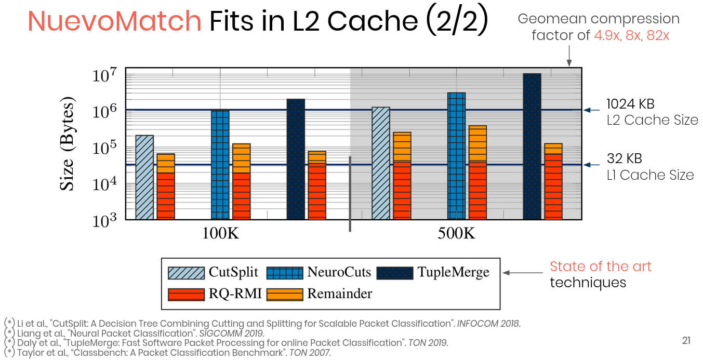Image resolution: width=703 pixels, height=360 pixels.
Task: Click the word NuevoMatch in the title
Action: tap(114, 21)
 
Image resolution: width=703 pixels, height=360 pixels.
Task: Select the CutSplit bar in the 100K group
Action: tap(144, 177)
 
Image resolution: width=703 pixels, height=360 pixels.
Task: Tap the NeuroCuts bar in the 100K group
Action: tap(220, 164)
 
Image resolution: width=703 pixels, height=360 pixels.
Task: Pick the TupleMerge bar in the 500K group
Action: tap(532, 146)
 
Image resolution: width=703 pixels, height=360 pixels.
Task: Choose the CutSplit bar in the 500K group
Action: tap(381, 163)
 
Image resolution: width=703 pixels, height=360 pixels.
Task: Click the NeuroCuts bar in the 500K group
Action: tap(456, 156)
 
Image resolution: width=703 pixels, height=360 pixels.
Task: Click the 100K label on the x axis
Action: tap(220, 233)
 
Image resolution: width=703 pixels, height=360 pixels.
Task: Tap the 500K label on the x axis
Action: tap(456, 233)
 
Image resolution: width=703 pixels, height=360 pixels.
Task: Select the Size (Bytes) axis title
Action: tap(68, 144)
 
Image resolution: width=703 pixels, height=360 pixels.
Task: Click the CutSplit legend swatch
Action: tap(186, 273)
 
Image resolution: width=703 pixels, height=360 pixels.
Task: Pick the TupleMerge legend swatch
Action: tap(394, 273)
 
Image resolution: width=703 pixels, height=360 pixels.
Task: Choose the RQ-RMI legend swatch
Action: tap(186, 294)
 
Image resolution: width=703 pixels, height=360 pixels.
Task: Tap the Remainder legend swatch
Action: tap(284, 294)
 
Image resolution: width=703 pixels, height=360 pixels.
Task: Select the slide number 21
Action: tap(686, 341)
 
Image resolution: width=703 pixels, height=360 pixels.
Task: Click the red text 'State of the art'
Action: tap(600, 267)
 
